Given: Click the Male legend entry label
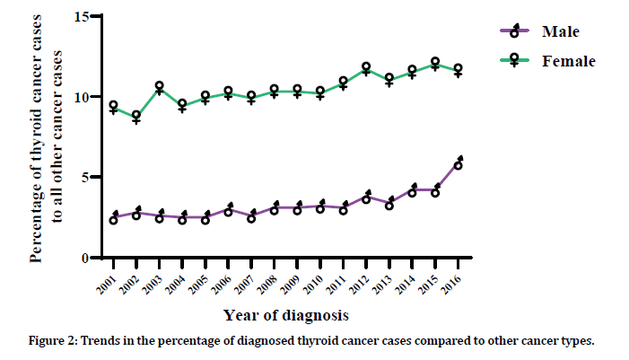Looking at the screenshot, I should coord(560,32).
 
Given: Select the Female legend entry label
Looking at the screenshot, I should coord(568,61).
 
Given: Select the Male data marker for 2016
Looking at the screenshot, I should coord(458,165).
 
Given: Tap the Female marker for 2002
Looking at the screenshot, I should coord(136,116).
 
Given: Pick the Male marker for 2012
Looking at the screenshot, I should coord(366,198).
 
